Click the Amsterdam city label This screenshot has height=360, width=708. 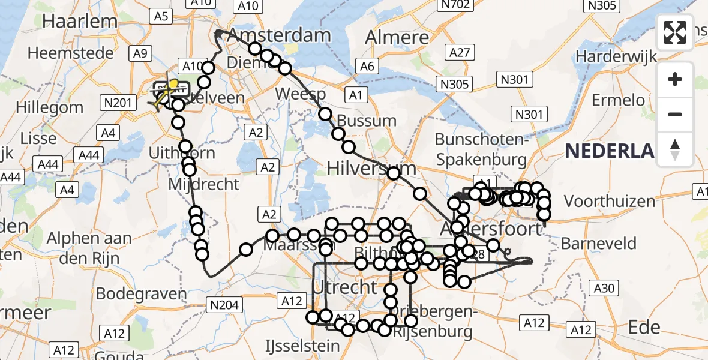point(279,34)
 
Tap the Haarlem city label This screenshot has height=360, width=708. point(80,21)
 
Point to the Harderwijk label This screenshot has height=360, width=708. point(616,56)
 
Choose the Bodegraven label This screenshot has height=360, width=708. point(142,294)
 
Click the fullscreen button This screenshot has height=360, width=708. point(675,32)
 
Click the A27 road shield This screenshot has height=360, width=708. point(458,53)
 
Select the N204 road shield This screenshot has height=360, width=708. point(225,305)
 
